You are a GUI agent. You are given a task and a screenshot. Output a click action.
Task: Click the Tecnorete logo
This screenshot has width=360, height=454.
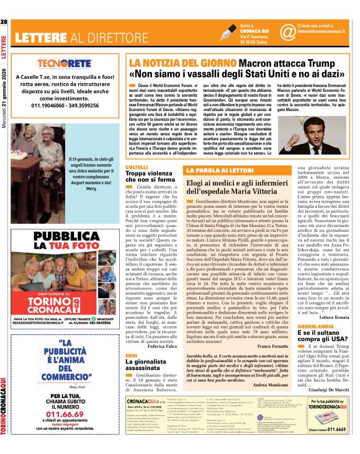(65, 63)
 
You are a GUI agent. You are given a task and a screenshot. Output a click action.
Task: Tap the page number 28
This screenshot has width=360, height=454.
(4, 22)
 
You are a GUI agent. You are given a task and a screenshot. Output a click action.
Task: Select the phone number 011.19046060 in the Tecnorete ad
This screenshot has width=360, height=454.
(42, 105)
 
